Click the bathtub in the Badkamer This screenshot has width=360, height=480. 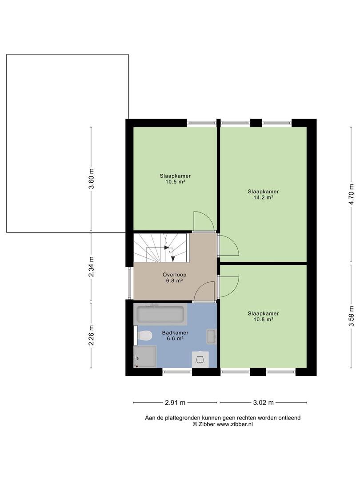click(160, 314)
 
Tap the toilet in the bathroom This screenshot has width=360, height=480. click(144, 335)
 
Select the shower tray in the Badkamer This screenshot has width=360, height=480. click(145, 356)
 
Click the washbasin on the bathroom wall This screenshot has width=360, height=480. click(211, 336)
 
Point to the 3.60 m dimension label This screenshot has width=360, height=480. click(91, 179)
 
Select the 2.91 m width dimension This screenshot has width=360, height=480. click(175, 403)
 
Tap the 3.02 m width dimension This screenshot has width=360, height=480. click(263, 403)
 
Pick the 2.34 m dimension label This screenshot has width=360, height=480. click(91, 267)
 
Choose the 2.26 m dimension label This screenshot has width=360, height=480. click(91, 335)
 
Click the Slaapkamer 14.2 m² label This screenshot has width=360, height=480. click(263, 195)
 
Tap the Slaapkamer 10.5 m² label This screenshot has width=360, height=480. click(175, 179)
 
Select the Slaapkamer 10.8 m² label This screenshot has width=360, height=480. click(263, 316)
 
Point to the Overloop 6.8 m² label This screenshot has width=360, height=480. click(175, 278)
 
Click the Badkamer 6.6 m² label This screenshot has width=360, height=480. click(175, 336)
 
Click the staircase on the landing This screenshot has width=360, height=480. click(161, 248)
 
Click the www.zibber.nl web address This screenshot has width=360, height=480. click(235, 424)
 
